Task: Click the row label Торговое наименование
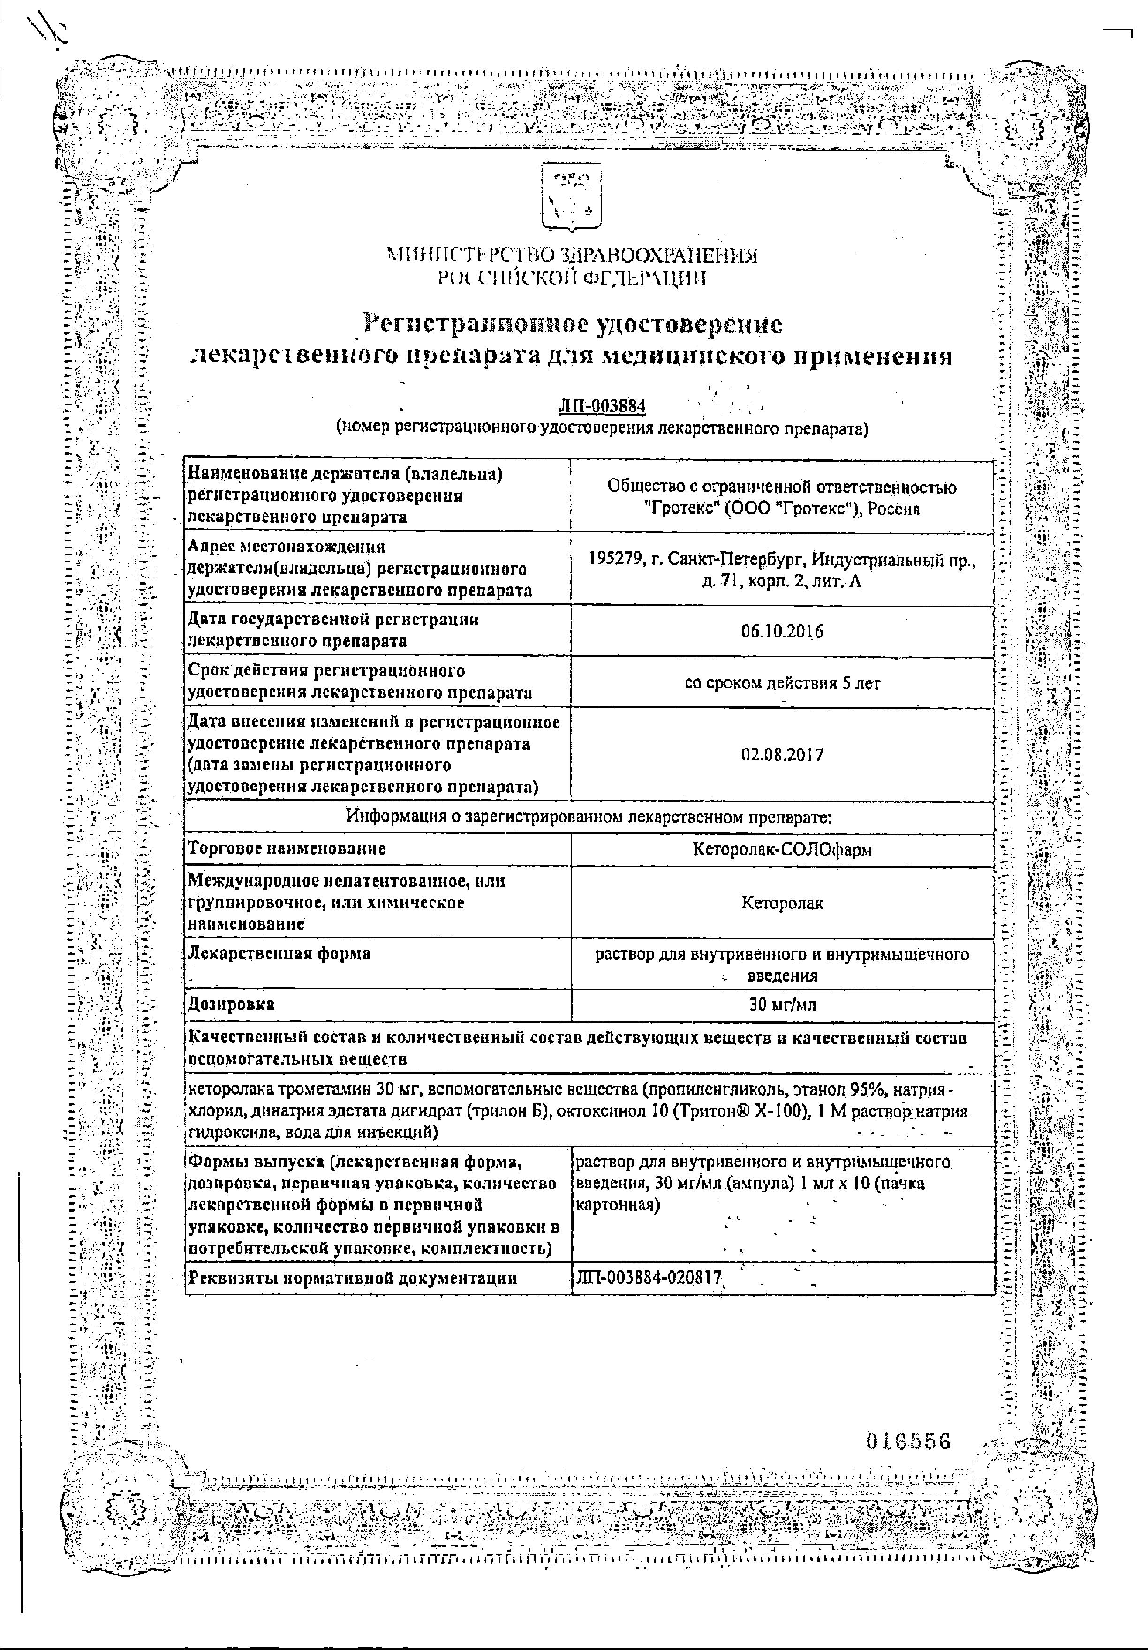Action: tap(286, 849)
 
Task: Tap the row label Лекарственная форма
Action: tap(279, 953)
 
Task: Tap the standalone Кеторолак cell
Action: tap(782, 903)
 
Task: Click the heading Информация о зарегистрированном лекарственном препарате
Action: tap(589, 817)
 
